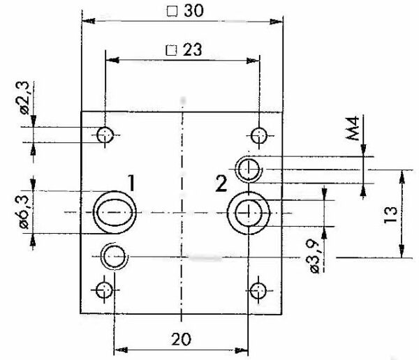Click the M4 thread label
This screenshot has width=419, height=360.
pyautogui.click(x=354, y=128)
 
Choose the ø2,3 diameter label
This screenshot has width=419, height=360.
pyautogui.click(x=26, y=97)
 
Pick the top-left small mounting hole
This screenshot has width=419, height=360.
pyautogui.click(x=105, y=135)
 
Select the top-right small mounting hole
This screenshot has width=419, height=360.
pyautogui.click(x=259, y=135)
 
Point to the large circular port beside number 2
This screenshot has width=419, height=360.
pyautogui.click(x=248, y=211)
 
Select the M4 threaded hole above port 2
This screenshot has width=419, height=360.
pyautogui.click(x=249, y=168)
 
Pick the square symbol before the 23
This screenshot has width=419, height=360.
pyautogui.click(x=170, y=50)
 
